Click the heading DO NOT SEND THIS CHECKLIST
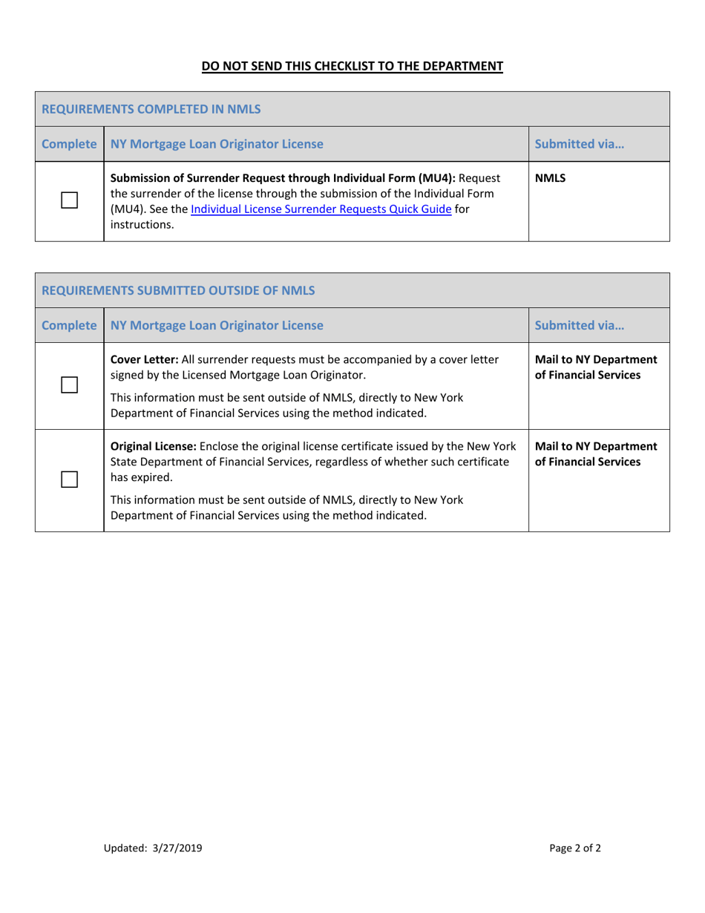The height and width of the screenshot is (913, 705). click(352, 66)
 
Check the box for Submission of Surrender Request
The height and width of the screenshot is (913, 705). click(70, 200)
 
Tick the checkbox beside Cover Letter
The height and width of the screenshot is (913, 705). click(70, 384)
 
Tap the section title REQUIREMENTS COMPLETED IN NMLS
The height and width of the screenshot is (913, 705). click(151, 109)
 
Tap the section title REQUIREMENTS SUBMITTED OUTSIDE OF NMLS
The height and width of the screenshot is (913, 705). click(178, 290)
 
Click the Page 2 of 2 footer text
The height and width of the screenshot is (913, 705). click(575, 848)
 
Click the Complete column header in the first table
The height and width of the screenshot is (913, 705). click(69, 144)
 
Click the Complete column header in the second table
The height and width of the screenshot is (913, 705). click(69, 324)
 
